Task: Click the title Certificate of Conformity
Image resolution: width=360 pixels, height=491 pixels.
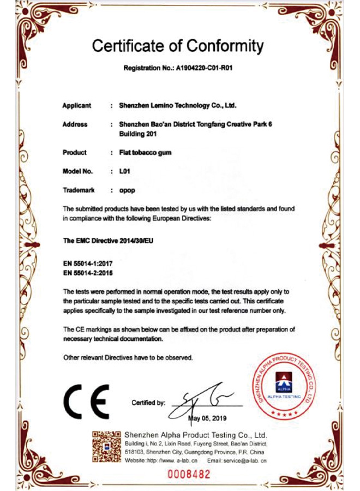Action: (x=178, y=46)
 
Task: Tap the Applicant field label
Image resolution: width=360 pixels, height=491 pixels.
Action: (x=77, y=105)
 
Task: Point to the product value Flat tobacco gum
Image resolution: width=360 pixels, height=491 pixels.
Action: (x=145, y=153)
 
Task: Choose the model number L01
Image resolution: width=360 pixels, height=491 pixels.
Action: (x=123, y=171)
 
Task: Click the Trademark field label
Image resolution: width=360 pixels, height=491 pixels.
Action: (x=79, y=190)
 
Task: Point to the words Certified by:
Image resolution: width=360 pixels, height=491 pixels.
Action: (x=148, y=403)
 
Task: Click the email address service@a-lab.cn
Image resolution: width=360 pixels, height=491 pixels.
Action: (x=244, y=461)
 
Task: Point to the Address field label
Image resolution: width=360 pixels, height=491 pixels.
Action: (x=75, y=124)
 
